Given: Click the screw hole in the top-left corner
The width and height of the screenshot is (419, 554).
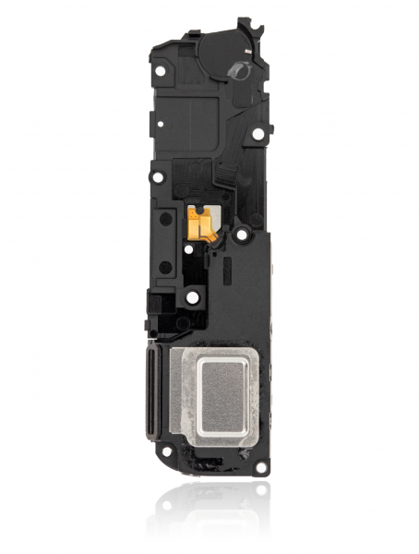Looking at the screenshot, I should coord(162,69).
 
